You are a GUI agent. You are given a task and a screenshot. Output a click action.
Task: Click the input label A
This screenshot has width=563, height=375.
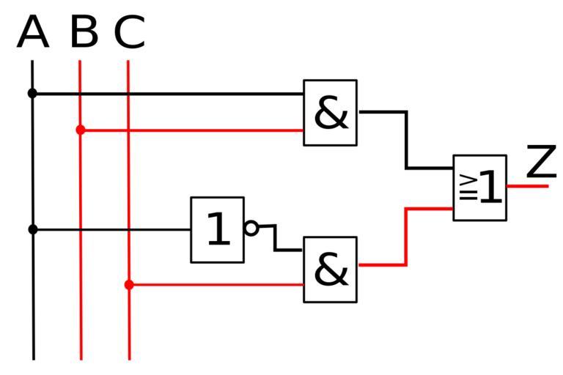coord(32,33)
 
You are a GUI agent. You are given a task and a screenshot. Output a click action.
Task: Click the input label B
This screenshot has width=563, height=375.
coord(84,33)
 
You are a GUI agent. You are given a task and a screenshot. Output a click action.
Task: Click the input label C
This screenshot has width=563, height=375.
coord(130,34)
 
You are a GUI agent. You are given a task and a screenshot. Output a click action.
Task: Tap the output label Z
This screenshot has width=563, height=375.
coord(542,162)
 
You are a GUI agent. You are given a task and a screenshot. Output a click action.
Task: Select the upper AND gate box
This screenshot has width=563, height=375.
coord(331,113)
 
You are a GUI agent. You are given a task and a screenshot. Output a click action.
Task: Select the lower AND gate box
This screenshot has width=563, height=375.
coord(331,270)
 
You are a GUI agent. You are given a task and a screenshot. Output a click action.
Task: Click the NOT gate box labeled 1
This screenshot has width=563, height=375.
coord(217,229)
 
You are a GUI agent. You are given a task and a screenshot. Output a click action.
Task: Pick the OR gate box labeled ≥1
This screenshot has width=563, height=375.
coord(480,187)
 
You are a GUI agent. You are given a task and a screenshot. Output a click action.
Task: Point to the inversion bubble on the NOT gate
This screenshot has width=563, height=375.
coord(251,228)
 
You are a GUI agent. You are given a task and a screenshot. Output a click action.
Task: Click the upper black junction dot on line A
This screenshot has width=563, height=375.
coord(32,93)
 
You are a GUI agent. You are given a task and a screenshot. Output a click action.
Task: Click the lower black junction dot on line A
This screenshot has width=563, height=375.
coord(32,229)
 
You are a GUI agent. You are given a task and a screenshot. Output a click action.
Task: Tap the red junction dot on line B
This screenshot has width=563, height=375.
coord(81,130)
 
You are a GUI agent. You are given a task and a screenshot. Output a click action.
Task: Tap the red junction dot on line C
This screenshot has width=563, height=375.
coord(129,284)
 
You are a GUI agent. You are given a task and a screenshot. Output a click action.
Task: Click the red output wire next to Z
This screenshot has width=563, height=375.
coord(528,186)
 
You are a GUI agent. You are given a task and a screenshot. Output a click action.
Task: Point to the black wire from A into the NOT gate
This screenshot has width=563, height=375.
coord(110,229)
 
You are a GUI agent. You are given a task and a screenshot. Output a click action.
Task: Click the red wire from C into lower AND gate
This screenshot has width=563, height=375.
coord(220,284)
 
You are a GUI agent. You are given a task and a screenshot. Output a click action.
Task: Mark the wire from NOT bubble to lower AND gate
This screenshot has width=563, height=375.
coord(276,239)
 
